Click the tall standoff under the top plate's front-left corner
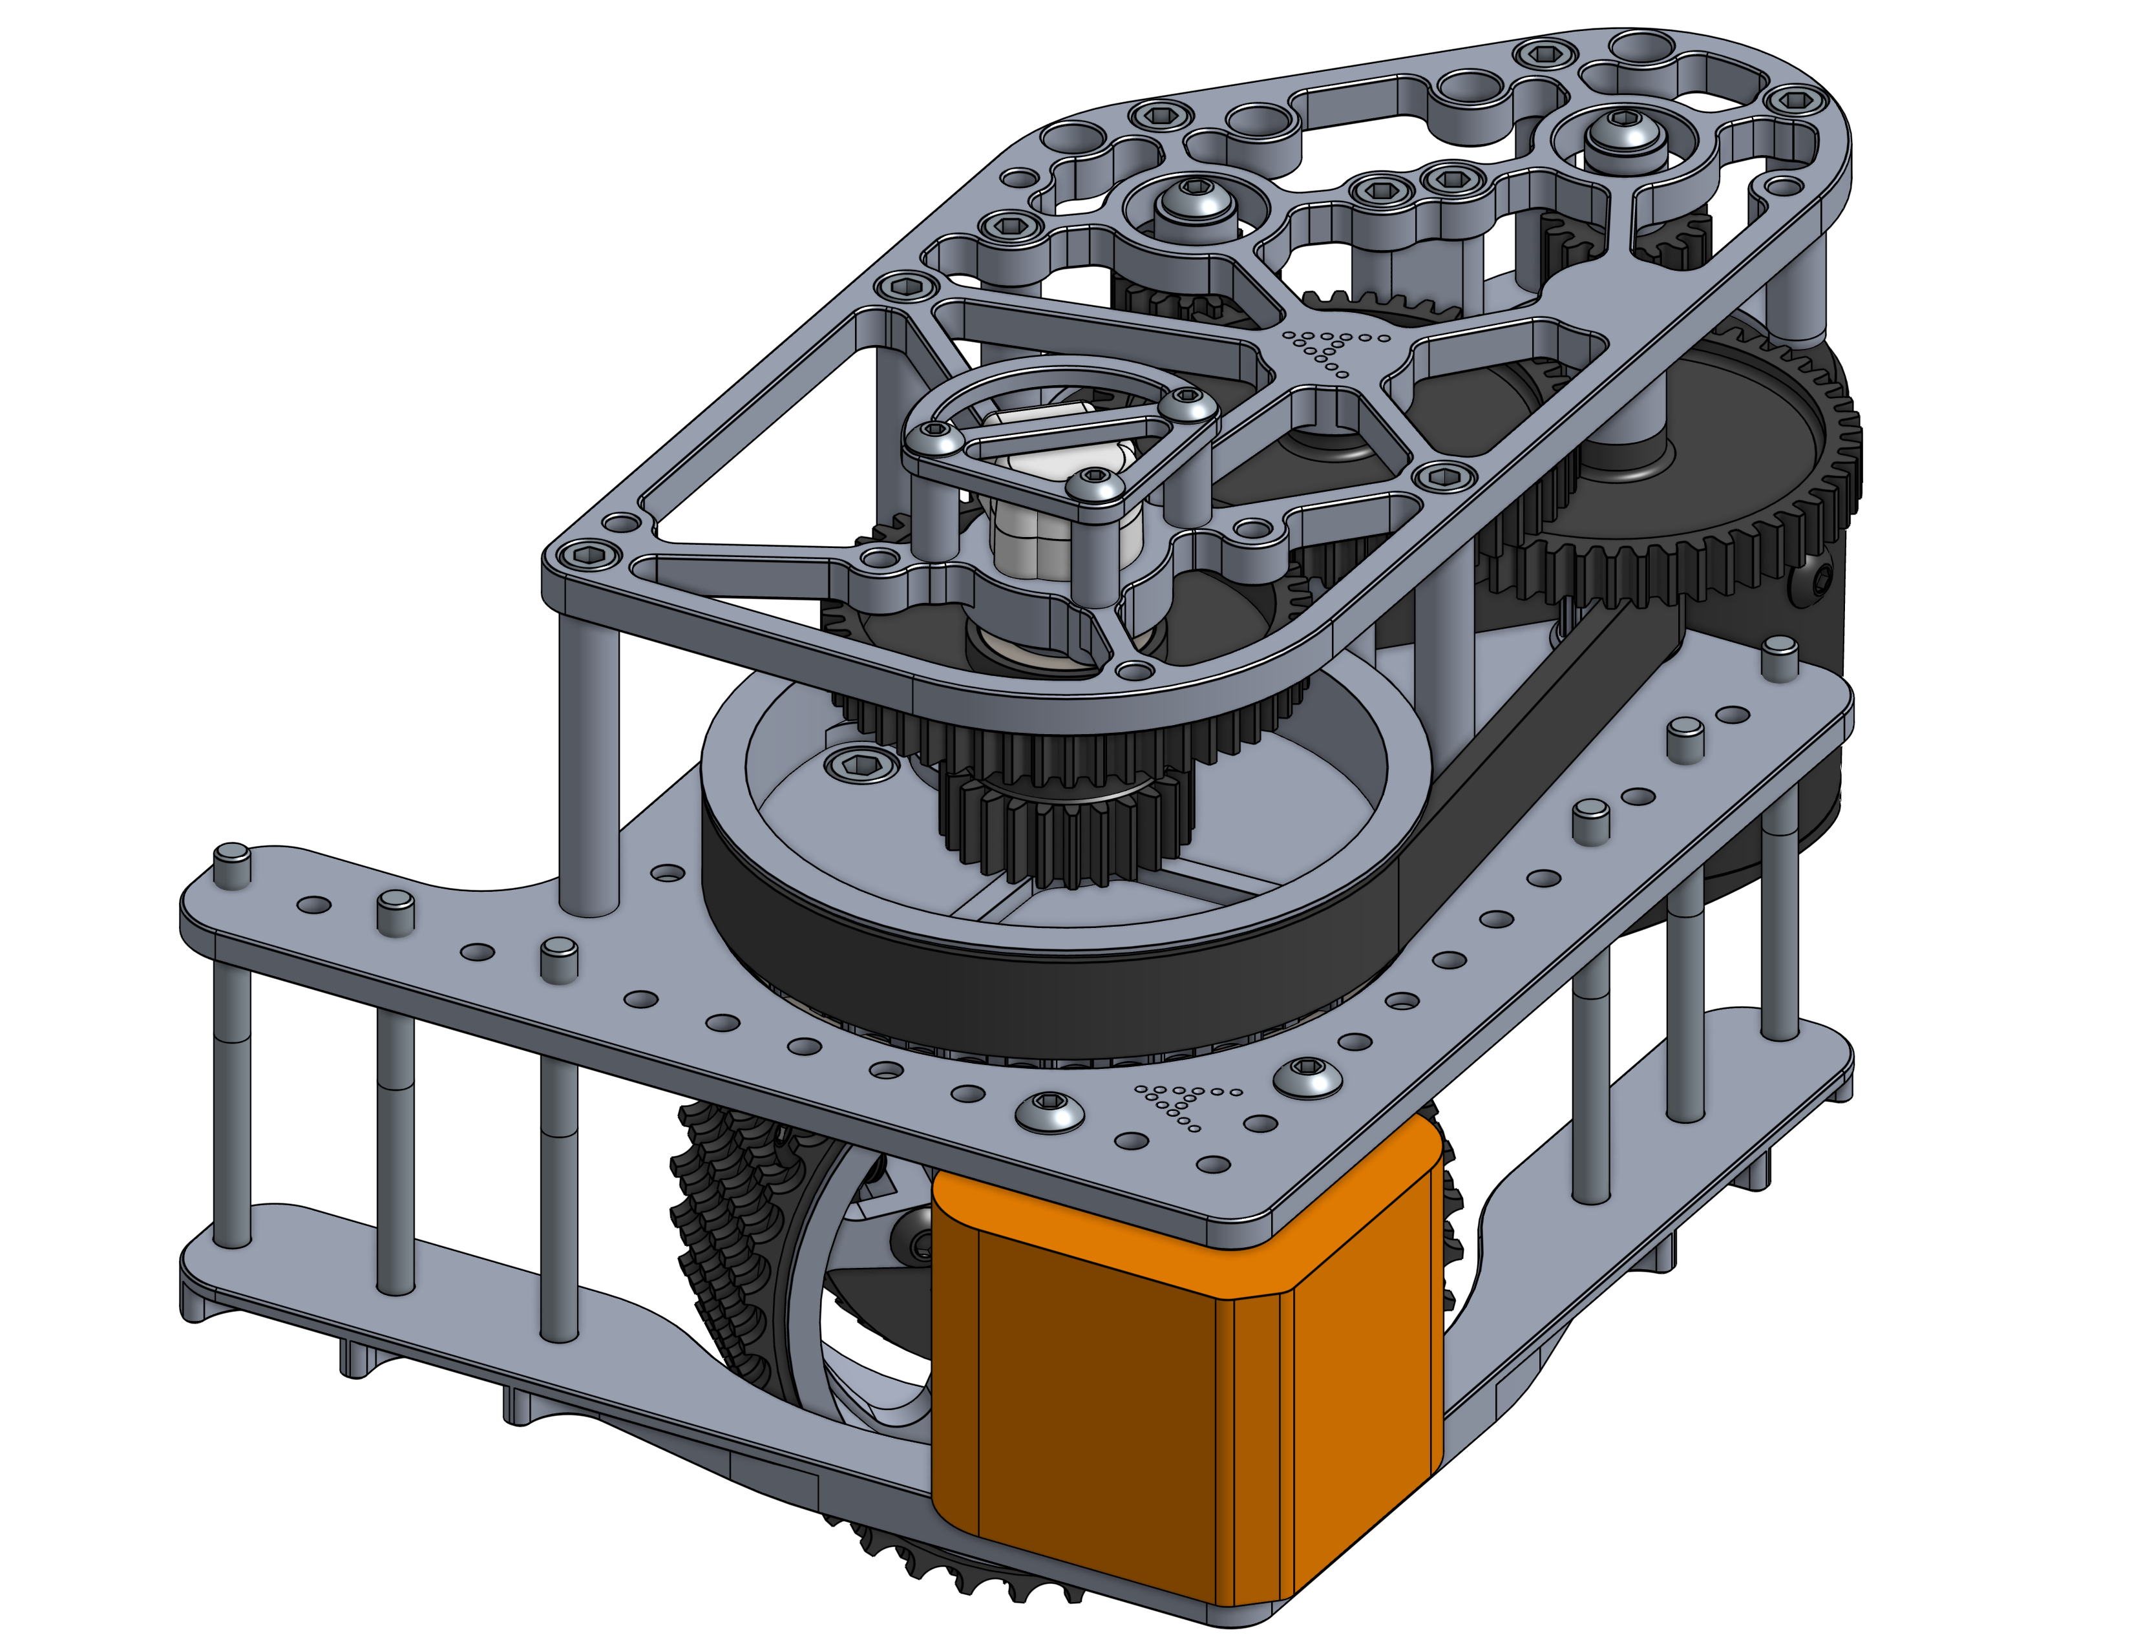click(x=588, y=761)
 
